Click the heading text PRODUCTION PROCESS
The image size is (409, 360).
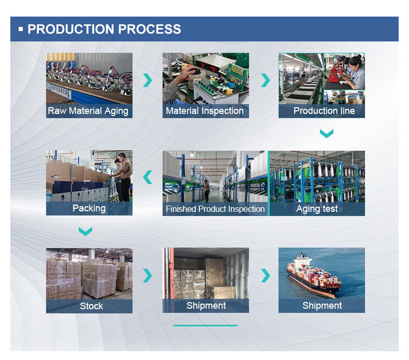[x=104, y=29]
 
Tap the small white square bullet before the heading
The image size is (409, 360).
[x=21, y=29]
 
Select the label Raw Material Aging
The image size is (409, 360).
[x=88, y=111]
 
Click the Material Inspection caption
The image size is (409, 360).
[x=205, y=111]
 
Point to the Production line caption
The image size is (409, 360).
[x=324, y=111]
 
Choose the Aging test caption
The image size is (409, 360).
[x=317, y=209]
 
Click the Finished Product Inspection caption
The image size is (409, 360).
[x=215, y=209]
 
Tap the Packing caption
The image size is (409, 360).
[x=89, y=208]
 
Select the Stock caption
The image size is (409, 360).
[x=91, y=306]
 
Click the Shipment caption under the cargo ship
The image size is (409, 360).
[x=322, y=306]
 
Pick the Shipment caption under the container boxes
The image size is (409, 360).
[x=206, y=306]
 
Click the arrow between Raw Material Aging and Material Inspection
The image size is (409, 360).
[x=148, y=80]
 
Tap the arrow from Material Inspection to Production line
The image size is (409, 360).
[x=266, y=80]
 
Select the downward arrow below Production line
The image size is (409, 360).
[x=327, y=134]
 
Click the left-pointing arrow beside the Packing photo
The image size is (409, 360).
[x=148, y=177]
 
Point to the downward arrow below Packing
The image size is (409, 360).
[x=85, y=232]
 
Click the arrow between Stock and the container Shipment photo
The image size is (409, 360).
[x=148, y=276]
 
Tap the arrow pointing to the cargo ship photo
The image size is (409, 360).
[x=266, y=276]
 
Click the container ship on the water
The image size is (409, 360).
[x=314, y=277]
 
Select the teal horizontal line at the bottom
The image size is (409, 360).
[x=205, y=325]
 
